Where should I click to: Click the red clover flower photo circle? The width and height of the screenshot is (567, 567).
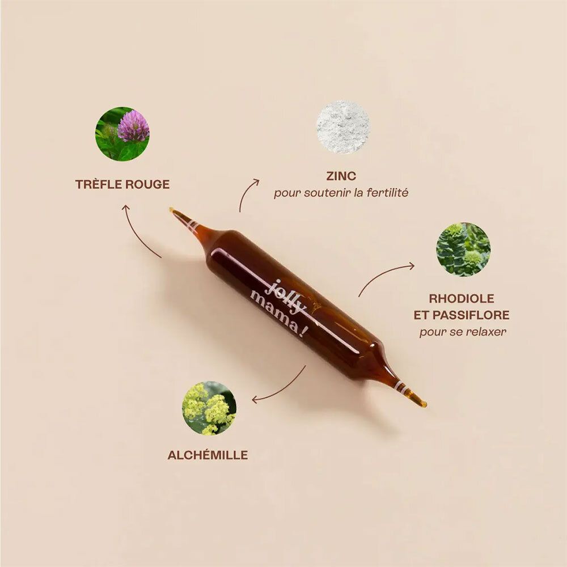point(122,134)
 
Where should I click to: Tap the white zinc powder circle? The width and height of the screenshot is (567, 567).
point(343,127)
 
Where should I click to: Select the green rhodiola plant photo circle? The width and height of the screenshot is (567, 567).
point(463,249)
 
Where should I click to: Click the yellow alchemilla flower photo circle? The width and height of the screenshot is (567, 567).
point(209,408)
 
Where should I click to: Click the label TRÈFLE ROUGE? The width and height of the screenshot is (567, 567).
point(122,184)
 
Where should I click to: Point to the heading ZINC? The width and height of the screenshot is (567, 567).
point(341,176)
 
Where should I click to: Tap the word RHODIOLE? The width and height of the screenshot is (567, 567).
point(462,298)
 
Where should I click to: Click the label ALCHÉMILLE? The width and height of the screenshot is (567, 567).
point(208,455)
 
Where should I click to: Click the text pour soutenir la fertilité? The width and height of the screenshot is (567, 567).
point(341,193)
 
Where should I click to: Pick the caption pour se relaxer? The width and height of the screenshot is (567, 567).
point(463,332)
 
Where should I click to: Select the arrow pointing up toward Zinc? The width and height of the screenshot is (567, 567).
point(247,194)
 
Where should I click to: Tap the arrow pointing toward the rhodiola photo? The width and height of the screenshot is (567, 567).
point(386,278)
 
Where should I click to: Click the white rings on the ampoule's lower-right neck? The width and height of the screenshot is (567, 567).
point(400,388)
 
